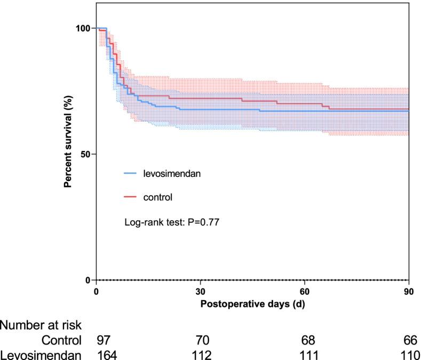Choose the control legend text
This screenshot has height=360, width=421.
click(157, 197)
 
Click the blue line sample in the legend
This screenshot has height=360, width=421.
click(131, 174)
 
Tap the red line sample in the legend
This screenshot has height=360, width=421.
click(131, 197)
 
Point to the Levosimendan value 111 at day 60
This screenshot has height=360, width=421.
click(308, 354)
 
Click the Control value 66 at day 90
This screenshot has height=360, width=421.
click(411, 340)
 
